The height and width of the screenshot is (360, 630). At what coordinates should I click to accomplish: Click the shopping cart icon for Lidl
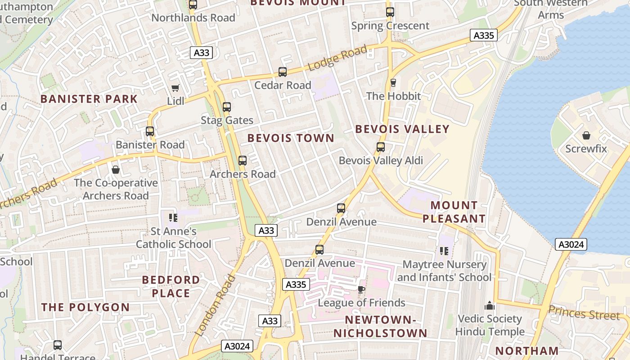click(175, 88)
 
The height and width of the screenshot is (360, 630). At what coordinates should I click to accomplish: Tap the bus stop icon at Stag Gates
click(227, 107)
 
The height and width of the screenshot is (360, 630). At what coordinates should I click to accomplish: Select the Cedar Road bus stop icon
click(283, 72)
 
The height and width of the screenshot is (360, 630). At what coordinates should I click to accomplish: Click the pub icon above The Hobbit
click(393, 83)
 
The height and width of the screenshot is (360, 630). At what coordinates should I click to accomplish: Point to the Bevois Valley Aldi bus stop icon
click(381, 147)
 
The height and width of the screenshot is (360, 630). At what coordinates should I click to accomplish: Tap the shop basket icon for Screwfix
click(586, 135)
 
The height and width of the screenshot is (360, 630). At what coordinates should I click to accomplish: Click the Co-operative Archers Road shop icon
click(116, 170)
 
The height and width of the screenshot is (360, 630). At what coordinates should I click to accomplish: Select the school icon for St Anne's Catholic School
click(173, 218)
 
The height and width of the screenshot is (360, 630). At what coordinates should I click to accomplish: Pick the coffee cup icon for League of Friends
click(361, 289)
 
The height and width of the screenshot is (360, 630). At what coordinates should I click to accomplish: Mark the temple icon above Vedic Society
click(490, 306)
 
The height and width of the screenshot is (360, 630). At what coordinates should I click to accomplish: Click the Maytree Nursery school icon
click(444, 251)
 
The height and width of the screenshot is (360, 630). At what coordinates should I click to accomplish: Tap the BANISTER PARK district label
click(89, 99)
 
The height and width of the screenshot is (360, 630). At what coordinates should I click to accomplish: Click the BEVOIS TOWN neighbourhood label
click(291, 138)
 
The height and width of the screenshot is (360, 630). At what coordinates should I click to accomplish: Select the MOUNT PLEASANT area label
click(454, 212)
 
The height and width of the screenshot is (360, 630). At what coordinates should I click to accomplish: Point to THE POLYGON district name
click(85, 307)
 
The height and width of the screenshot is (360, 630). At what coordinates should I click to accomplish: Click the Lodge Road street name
click(337, 58)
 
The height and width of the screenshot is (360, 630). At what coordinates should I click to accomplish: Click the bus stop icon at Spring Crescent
click(390, 13)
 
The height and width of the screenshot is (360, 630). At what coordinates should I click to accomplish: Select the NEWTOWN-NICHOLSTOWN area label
click(380, 327)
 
